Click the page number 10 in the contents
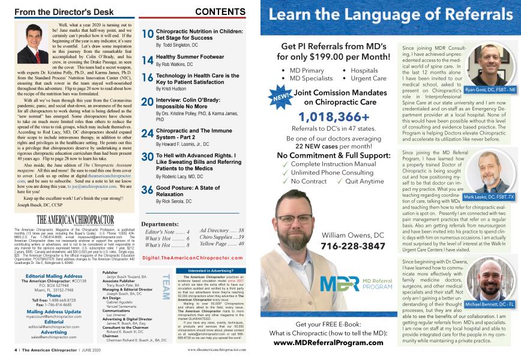[x=147, y=35]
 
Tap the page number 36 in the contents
[x=147, y=191]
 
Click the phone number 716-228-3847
[x=354, y=246]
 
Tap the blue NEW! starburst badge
[x=283, y=96]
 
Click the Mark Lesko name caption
[x=489, y=197]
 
